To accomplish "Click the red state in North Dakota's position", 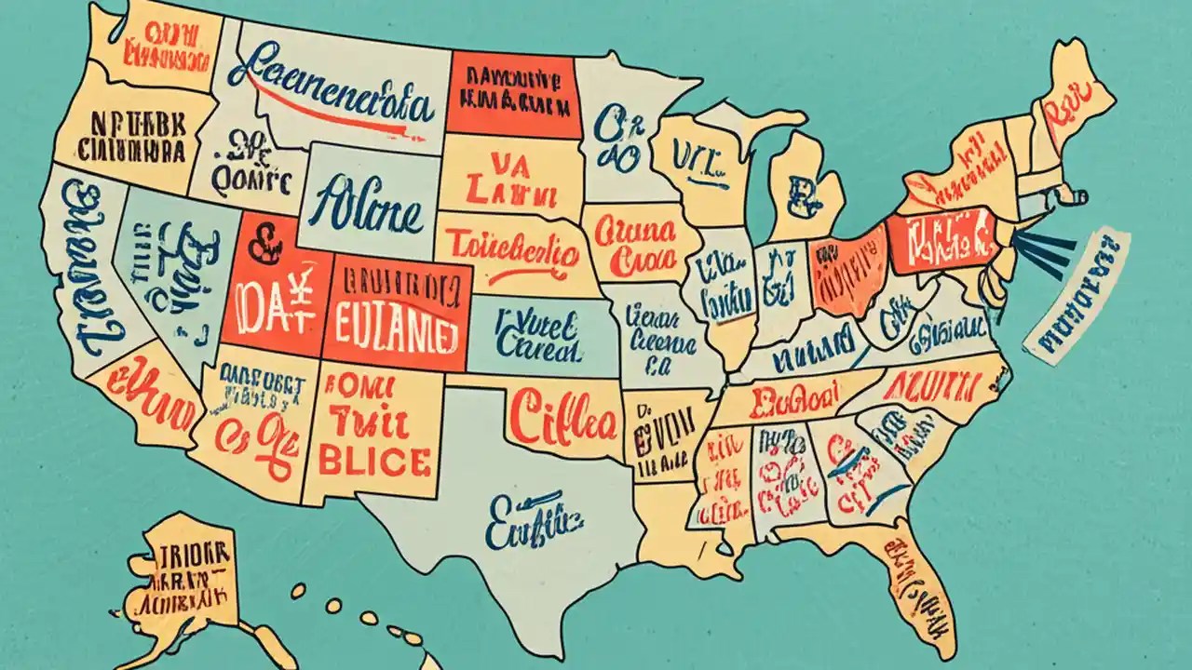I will click(x=510, y=93).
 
